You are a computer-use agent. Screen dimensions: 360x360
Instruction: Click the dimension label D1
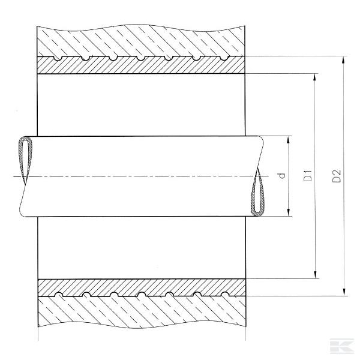308,176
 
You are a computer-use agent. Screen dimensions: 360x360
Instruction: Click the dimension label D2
337,176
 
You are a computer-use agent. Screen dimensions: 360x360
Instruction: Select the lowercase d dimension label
282,176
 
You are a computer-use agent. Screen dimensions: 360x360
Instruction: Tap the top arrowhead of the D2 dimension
343,61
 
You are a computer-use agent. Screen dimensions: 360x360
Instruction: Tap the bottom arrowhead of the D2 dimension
344,292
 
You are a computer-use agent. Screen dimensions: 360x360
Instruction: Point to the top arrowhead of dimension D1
315,78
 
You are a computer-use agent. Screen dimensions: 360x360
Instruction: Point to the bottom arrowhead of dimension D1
316,274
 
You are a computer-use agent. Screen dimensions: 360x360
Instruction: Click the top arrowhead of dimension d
289,140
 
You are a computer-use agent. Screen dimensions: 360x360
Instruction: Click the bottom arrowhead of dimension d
289,212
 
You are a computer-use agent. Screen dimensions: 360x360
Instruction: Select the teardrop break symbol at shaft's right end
258,192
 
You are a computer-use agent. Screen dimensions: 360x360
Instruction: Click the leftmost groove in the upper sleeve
58,59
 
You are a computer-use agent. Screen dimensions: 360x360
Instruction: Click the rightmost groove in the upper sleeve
224,59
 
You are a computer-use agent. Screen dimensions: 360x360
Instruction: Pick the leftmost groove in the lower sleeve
59,294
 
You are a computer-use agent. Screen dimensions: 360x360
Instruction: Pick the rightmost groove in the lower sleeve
225,294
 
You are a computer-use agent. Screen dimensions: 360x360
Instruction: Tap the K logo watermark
342,346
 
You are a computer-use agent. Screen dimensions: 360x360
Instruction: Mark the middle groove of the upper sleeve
140,59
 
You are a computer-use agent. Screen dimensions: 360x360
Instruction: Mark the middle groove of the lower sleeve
142,294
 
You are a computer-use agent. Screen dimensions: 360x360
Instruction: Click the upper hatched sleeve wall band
141,65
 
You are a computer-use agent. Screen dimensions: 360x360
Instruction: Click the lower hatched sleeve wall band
142,287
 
